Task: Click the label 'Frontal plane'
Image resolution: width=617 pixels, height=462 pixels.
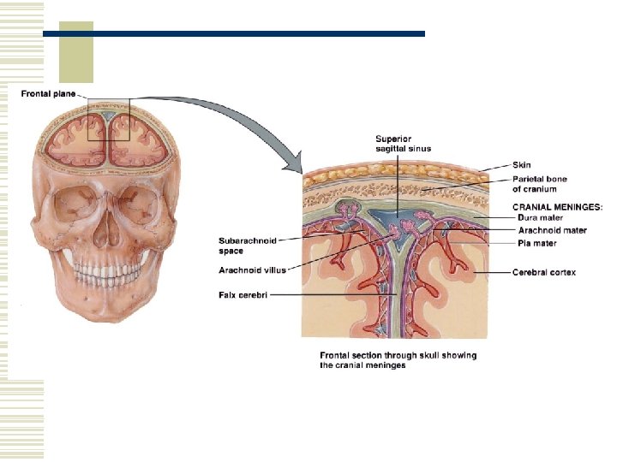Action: [x=48, y=93]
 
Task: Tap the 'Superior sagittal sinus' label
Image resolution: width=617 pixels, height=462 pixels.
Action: [x=403, y=143]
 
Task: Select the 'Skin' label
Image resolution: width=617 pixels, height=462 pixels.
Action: [x=522, y=164]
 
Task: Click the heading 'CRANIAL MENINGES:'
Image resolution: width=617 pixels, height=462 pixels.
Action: [x=558, y=206]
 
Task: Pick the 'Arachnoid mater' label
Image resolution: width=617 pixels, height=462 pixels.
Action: [x=553, y=230]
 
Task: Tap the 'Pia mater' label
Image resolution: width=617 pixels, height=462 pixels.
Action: [x=537, y=243]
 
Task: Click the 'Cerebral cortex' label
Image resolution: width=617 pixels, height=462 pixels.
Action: [x=544, y=272]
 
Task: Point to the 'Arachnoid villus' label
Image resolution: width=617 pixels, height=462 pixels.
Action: [x=252, y=269]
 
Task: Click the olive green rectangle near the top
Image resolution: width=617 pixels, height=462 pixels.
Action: [x=75, y=52]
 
